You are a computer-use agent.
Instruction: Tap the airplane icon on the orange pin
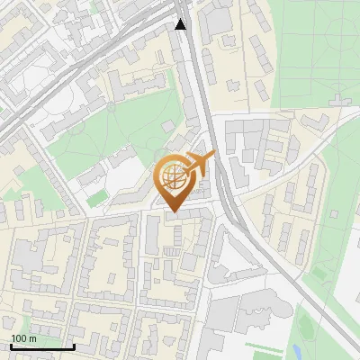pyautogui.click(x=200, y=164)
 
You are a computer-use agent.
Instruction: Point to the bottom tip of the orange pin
pyautogui.click(x=174, y=212)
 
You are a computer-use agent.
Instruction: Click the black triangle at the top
pyautogui.click(x=181, y=24)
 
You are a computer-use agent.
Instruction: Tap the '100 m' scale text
pyautogui.click(x=24, y=337)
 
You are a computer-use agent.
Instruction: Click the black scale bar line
pyautogui.click(x=41, y=346)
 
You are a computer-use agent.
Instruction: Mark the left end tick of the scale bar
pyautogui.click(x=10, y=345)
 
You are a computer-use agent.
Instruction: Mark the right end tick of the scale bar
pyautogui.click(x=74, y=345)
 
